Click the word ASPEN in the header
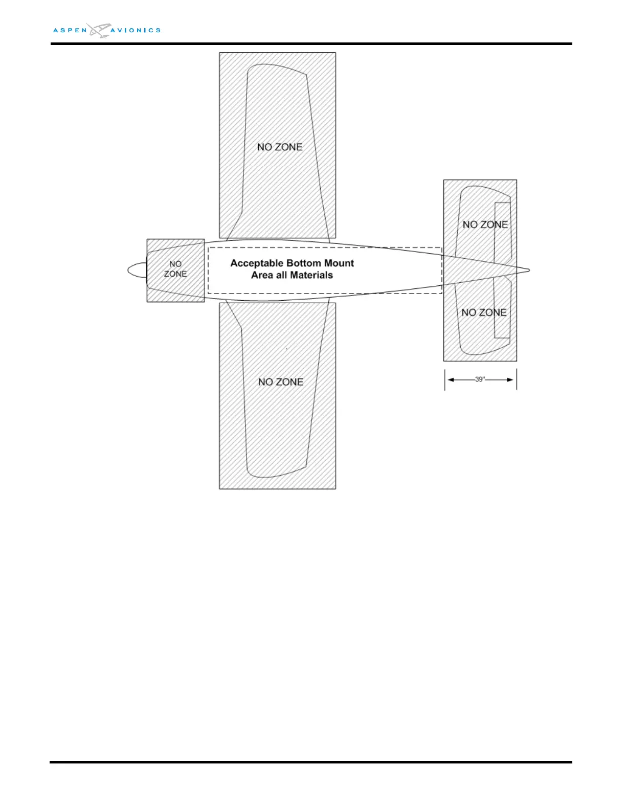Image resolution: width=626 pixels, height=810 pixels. [x=70, y=31]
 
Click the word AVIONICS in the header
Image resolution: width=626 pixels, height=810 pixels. [x=136, y=31]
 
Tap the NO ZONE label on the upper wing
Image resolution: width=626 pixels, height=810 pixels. [x=280, y=147]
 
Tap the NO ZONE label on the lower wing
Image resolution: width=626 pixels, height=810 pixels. [x=281, y=382]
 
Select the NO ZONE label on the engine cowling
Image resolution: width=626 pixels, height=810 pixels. [x=175, y=269]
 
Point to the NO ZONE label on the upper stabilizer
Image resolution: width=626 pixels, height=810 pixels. [x=485, y=224]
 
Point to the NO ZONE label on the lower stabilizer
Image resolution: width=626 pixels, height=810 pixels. [x=484, y=312]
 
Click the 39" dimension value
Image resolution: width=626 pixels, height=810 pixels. [x=480, y=379]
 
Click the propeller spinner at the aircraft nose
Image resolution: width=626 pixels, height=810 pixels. [x=137, y=271]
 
